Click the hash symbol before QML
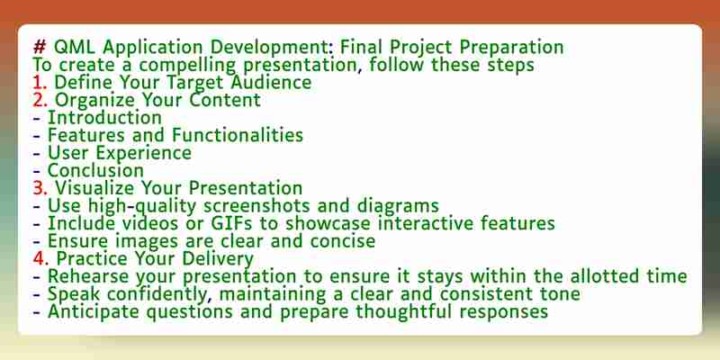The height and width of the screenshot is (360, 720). click(x=39, y=47)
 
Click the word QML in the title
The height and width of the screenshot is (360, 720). click(x=74, y=48)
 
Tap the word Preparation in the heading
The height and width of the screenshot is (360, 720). click(x=511, y=48)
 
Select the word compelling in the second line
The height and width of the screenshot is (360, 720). click(x=187, y=65)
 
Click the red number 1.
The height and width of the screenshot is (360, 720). click(x=40, y=83)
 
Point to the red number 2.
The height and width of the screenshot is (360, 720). click(x=40, y=100)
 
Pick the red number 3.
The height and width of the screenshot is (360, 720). click(x=40, y=188)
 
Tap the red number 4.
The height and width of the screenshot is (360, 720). click(x=40, y=258)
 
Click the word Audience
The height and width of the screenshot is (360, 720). click(x=271, y=83)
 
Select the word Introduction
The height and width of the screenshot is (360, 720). click(x=104, y=118)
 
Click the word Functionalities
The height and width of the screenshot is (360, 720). click(x=238, y=136)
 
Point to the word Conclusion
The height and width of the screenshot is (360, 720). click(x=95, y=171)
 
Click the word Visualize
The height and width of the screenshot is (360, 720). click(x=95, y=188)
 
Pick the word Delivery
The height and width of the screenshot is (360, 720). click(x=218, y=259)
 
